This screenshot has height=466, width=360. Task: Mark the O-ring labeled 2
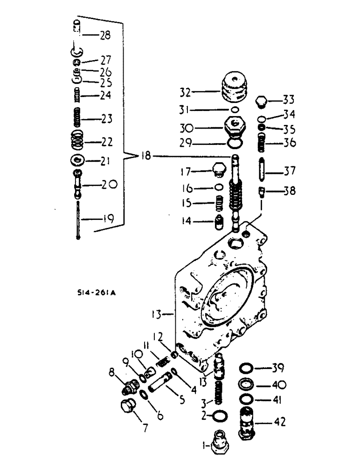220,415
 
